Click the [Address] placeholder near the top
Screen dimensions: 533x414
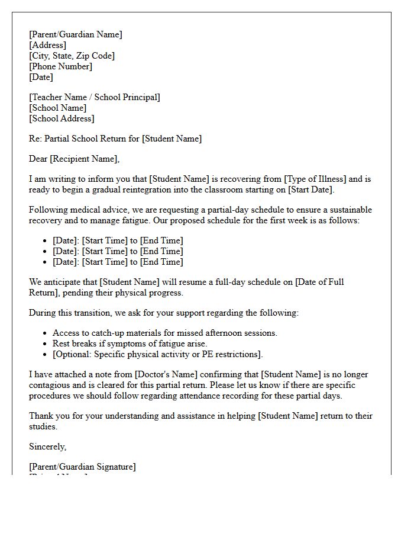pyautogui.click(x=47, y=45)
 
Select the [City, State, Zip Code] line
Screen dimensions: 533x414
pyautogui.click(x=72, y=56)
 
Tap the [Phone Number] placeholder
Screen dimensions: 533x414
pyautogui.click(x=60, y=66)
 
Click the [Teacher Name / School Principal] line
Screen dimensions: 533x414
pyautogui.click(x=95, y=97)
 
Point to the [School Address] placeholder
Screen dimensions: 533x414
pyautogui.click(x=62, y=118)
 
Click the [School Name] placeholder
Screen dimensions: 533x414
pyautogui.click(x=57, y=108)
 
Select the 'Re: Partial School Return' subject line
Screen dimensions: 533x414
pyautogui.click(x=115, y=139)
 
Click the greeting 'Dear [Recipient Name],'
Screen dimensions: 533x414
pyautogui.click(x=74, y=159)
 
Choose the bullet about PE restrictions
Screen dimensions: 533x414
pyautogui.click(x=157, y=354)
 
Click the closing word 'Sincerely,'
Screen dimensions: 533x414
pyautogui.click(x=48, y=447)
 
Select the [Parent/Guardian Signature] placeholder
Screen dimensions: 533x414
pyautogui.click(x=82, y=467)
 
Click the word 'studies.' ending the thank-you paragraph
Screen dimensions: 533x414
pyautogui.click(x=43, y=426)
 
